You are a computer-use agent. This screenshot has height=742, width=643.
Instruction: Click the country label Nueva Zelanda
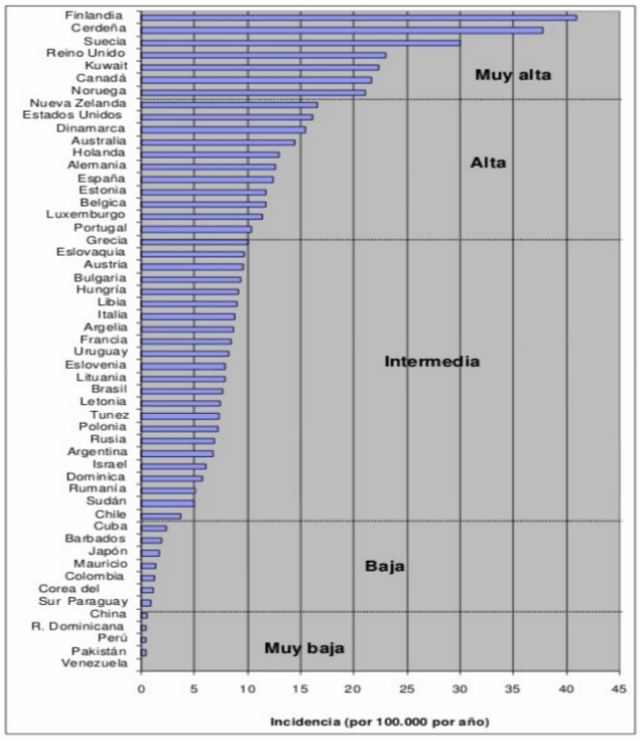(x=77, y=103)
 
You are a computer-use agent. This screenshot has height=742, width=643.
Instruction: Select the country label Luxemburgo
(x=85, y=215)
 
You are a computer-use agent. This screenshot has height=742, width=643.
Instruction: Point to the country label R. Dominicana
(x=77, y=625)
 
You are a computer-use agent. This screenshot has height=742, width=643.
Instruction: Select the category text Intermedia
(x=432, y=361)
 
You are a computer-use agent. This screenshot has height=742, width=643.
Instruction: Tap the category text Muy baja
(x=303, y=648)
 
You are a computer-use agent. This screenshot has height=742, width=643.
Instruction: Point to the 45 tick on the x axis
(x=618, y=688)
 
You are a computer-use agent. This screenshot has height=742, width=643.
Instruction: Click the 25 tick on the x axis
(x=407, y=688)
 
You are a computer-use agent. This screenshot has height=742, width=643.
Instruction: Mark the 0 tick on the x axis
(x=141, y=688)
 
